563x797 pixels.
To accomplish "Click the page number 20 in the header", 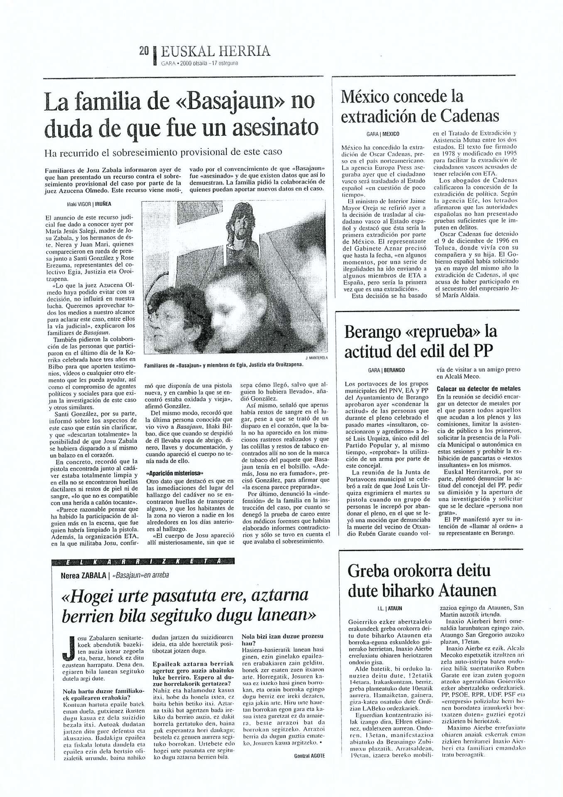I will [x=144, y=51].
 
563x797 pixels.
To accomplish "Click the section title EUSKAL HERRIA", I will [x=215, y=51].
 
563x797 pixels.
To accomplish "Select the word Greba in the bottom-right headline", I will [x=370, y=571].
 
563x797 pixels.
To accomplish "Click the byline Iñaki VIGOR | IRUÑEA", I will [x=89, y=204].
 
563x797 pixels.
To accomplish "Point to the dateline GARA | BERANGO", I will [x=386, y=369].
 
